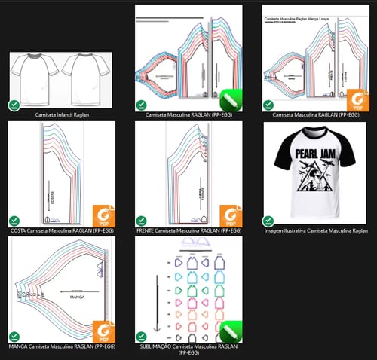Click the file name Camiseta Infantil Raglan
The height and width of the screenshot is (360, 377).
click(x=62, y=116)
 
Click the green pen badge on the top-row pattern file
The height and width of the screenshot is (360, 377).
click(x=230, y=99)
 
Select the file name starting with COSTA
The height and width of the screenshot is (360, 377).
click(x=62, y=232)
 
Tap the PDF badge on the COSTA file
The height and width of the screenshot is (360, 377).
click(x=103, y=215)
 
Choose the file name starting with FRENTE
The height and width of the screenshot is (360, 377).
click(x=188, y=232)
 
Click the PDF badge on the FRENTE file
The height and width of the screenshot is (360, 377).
click(x=230, y=215)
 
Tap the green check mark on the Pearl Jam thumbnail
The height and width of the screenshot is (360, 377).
click(x=268, y=221)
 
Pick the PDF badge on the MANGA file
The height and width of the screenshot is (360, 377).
click(x=103, y=331)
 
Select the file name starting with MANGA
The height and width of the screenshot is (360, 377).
click(x=62, y=347)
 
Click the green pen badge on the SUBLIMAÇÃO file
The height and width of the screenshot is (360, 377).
click(x=230, y=331)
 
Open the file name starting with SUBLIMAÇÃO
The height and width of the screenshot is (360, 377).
click(x=188, y=347)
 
